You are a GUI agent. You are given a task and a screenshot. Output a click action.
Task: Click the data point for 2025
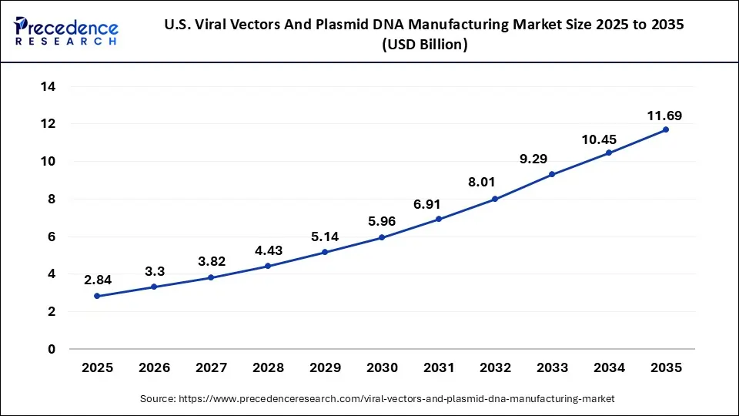[97, 296]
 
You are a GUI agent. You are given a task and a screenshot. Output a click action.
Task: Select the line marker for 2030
[381, 237]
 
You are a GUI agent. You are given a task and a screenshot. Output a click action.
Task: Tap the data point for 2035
[665, 129]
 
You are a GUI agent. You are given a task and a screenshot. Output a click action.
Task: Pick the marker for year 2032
[495, 199]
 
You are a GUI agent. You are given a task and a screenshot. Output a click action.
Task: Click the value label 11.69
[664, 116]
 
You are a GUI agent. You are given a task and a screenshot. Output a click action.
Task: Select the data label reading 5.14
[324, 237]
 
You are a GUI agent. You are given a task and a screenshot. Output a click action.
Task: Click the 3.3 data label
[154, 271]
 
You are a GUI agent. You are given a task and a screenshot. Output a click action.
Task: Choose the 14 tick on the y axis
[48, 86]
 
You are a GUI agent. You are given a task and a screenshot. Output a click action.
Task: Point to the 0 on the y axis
[52, 349]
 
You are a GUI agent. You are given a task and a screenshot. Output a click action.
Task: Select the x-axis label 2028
[268, 368]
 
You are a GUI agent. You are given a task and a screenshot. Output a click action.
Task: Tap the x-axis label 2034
[609, 368]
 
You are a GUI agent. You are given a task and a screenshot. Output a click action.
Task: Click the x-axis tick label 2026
[154, 368]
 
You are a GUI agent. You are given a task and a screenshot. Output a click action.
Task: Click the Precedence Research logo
[66, 32]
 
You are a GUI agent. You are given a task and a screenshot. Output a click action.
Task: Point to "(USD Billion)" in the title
[424, 45]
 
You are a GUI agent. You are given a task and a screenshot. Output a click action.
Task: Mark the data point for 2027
[211, 277]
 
